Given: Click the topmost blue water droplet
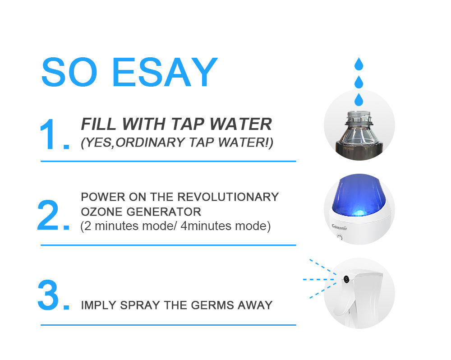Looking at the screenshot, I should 359,64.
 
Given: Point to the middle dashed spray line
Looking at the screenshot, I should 318,280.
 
